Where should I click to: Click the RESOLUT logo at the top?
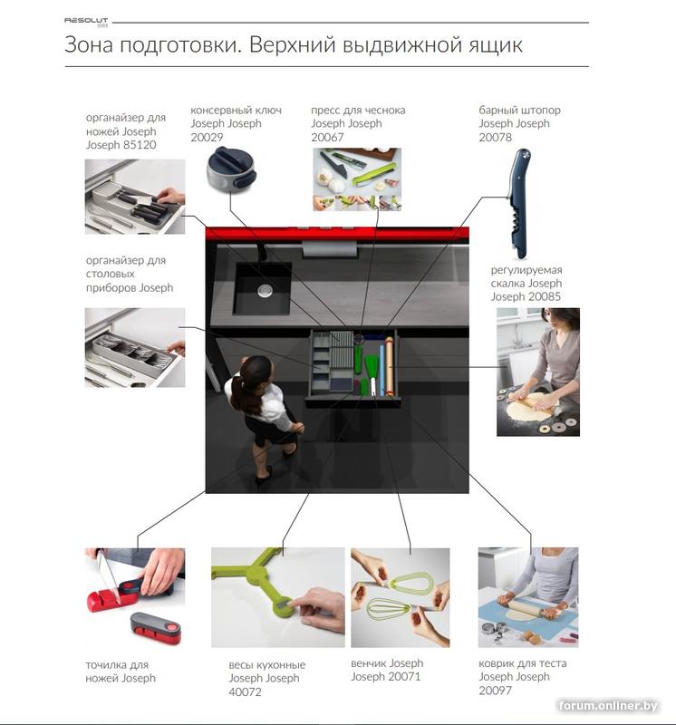(86, 22)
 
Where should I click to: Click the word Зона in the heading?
(88, 45)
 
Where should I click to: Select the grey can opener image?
(231, 169)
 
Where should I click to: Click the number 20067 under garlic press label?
(327, 138)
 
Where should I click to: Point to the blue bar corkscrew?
(519, 203)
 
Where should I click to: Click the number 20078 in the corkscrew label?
(495, 138)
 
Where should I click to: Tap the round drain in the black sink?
(265, 291)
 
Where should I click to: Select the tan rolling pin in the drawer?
(390, 366)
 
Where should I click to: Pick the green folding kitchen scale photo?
(278, 597)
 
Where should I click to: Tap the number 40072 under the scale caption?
(245, 691)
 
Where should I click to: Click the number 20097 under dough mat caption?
(495, 691)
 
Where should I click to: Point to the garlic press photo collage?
(357, 179)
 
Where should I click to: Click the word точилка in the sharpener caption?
(104, 665)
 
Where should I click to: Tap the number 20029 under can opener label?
(207, 138)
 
